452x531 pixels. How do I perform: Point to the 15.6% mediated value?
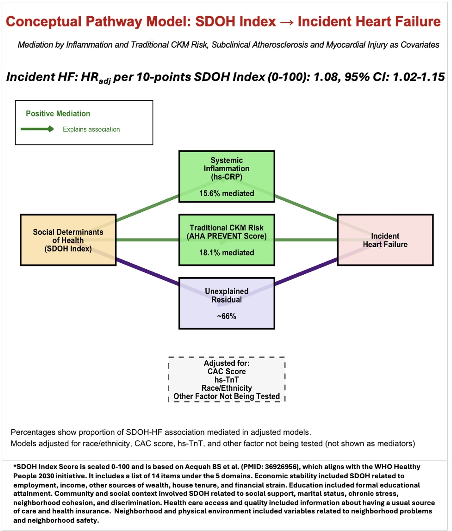(226, 193)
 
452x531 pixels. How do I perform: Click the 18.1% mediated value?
(226, 252)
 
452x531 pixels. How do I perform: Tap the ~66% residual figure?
(226, 316)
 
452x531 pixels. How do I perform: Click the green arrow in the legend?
(37, 129)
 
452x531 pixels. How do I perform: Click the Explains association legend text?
(91, 129)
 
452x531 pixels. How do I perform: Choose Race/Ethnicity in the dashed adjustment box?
(226, 388)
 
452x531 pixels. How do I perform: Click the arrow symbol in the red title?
(286, 22)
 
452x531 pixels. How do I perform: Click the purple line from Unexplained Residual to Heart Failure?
(306, 271)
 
